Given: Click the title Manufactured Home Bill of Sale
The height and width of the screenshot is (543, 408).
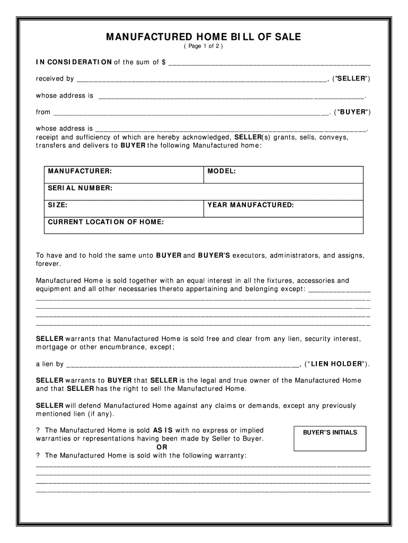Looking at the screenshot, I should pyautogui.click(x=203, y=37).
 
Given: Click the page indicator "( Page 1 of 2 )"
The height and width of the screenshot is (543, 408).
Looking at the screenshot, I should pyautogui.click(x=203, y=47).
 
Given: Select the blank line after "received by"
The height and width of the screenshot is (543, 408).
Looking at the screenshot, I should pyautogui.click(x=201, y=80).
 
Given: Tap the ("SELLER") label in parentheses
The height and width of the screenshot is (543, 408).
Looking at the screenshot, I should pyautogui.click(x=351, y=79).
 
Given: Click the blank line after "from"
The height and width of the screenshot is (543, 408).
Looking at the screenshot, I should pyautogui.click(x=191, y=113).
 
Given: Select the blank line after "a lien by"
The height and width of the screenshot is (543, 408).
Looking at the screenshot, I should pyautogui.click(x=183, y=365).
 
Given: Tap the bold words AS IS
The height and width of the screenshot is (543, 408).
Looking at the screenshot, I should pyautogui.click(x=163, y=430).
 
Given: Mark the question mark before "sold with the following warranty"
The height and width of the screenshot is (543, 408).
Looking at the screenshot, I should pyautogui.click(x=38, y=456).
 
